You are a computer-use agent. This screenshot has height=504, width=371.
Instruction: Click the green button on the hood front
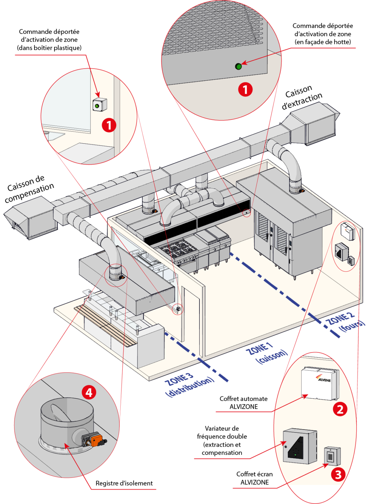tap(238, 66)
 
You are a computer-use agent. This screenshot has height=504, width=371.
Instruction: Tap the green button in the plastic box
tap(97, 106)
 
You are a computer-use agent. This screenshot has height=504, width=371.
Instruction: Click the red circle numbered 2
tap(340, 409)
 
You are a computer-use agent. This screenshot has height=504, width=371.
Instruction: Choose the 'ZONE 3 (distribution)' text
tap(189, 385)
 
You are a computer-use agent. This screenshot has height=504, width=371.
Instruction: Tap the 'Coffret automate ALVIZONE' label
tap(244, 403)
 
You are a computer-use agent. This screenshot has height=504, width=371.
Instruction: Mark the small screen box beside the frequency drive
tap(332, 456)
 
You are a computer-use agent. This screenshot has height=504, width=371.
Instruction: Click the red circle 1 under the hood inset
tap(245, 89)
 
